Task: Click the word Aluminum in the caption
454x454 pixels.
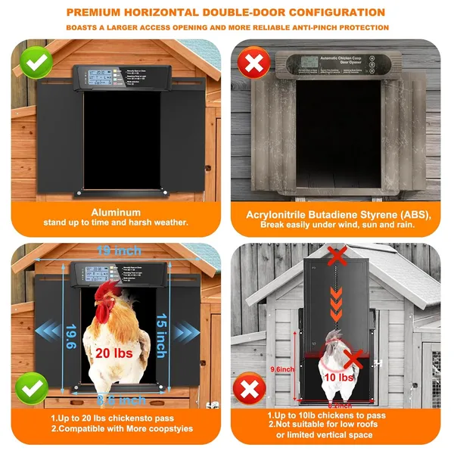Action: point(116,213)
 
